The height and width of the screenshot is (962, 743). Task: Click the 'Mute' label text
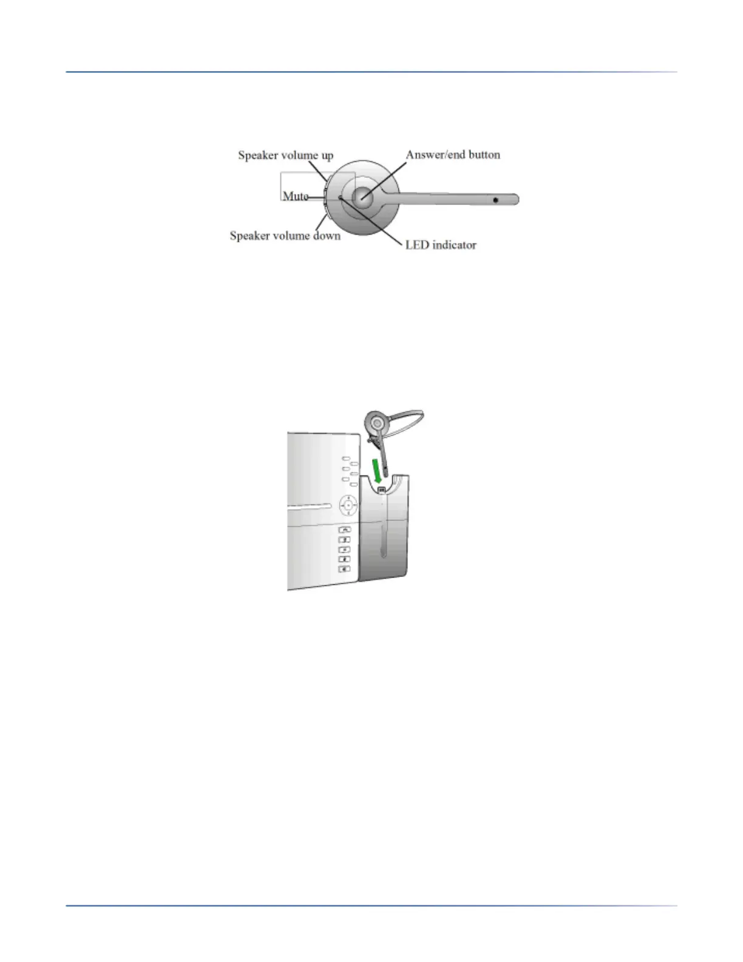[x=295, y=196]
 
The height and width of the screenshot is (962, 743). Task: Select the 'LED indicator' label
[x=441, y=245]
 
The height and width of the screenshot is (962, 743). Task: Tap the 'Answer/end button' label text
[x=453, y=155]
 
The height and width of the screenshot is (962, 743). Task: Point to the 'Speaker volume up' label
[x=285, y=155]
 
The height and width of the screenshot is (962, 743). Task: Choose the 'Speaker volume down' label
[x=285, y=236]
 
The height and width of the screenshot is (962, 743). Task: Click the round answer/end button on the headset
[x=362, y=197]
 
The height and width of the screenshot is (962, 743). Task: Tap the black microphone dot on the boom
[x=495, y=200]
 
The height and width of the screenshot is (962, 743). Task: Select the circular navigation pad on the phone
[x=348, y=505]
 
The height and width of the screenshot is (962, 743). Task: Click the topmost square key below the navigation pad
[x=344, y=530]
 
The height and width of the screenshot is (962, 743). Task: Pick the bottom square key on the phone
[x=344, y=569]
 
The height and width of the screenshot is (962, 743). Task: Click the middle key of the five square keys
[x=344, y=550]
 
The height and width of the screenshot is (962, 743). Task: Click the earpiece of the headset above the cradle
[x=376, y=422]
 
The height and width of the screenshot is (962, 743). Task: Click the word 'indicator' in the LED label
[x=454, y=245]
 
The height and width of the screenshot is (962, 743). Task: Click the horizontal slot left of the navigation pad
[x=310, y=505]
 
